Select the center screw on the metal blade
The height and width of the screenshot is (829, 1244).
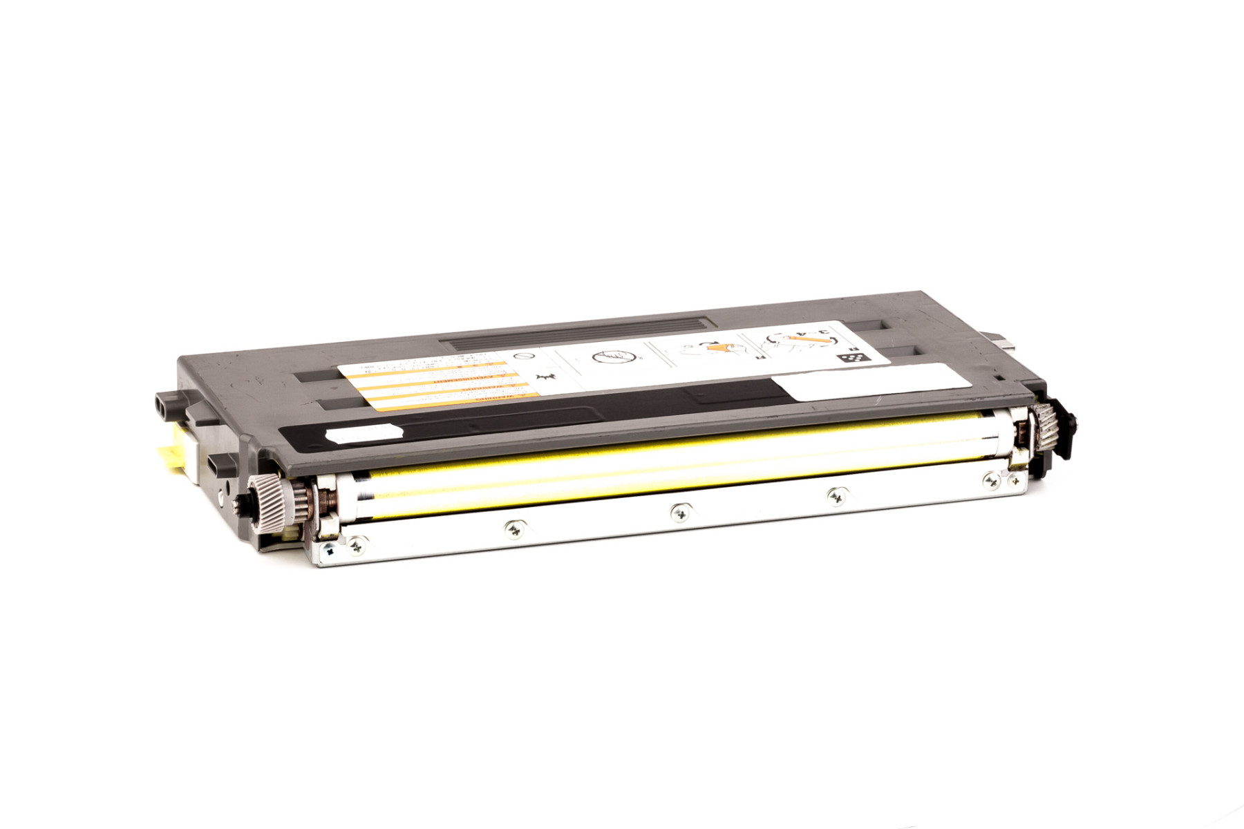pos(679,512)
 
